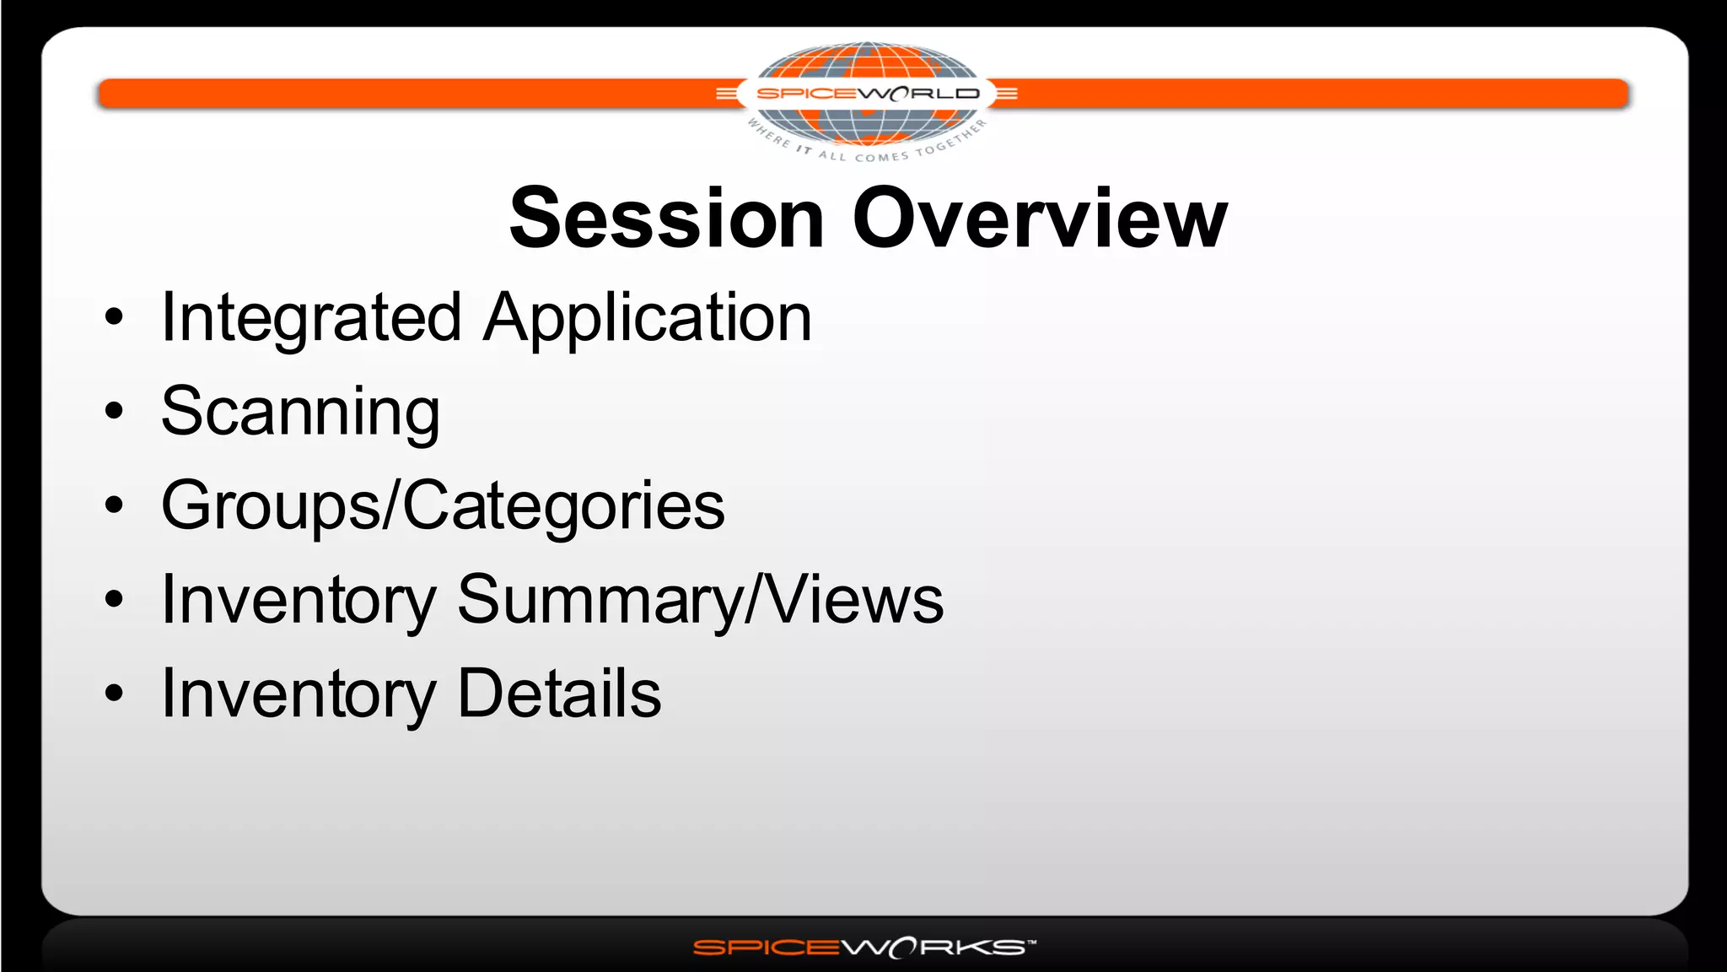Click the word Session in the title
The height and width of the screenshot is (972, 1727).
[666, 219]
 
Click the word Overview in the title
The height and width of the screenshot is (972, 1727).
[1039, 219]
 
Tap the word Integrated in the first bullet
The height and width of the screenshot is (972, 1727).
[310, 318]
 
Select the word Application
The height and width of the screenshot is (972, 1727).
[647, 318]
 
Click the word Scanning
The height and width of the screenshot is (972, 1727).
[300, 413]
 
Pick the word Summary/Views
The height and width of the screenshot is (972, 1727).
[700, 600]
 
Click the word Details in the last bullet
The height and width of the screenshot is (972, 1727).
[559, 694]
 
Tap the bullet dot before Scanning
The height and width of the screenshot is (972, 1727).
[114, 412]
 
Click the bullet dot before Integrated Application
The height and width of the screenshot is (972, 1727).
[114, 318]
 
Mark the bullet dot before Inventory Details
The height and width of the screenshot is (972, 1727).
[114, 694]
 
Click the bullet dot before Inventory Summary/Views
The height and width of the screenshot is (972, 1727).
[114, 600]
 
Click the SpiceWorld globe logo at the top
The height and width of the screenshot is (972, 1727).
[866, 97]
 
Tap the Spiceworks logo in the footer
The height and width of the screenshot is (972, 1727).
[860, 948]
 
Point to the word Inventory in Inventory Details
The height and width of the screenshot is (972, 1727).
[299, 694]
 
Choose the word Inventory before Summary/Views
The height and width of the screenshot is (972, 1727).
[299, 600]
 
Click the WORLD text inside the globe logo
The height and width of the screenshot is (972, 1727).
[919, 94]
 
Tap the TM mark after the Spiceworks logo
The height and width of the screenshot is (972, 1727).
[1031, 942]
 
